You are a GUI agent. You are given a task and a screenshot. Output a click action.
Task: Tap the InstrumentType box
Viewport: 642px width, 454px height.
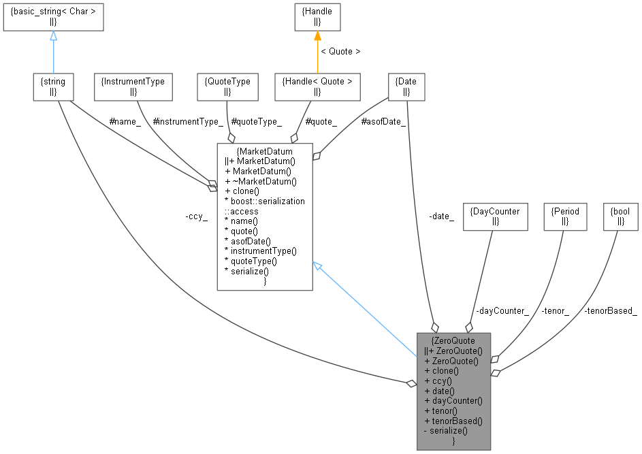[133, 86]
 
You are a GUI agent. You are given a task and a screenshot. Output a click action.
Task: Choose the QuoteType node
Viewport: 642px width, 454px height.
[227, 86]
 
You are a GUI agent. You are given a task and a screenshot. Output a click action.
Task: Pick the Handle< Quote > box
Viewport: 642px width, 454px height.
[317, 86]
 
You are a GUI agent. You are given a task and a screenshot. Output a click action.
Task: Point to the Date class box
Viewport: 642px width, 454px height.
[406, 86]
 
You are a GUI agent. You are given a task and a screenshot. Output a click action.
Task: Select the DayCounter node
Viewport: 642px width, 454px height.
[495, 216]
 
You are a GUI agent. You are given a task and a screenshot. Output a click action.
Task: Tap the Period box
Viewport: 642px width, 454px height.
[565, 216]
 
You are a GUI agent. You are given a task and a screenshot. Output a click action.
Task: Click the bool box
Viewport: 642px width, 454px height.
[620, 216]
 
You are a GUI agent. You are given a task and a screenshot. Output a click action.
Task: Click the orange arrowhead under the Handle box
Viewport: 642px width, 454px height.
[317, 36]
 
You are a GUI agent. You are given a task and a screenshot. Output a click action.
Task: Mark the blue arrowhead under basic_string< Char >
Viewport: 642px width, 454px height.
[53, 36]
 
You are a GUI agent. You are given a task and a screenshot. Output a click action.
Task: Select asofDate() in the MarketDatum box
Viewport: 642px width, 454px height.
[248, 241]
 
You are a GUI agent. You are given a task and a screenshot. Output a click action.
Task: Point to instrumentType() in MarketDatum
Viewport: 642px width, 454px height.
[261, 250]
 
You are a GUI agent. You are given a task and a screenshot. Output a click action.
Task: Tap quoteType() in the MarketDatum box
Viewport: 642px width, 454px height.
[251, 261]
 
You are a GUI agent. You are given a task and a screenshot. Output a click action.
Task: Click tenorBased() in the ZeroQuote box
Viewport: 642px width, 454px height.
[453, 421]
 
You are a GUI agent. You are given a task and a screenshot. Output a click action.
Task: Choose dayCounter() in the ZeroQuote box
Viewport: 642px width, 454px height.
[453, 401]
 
